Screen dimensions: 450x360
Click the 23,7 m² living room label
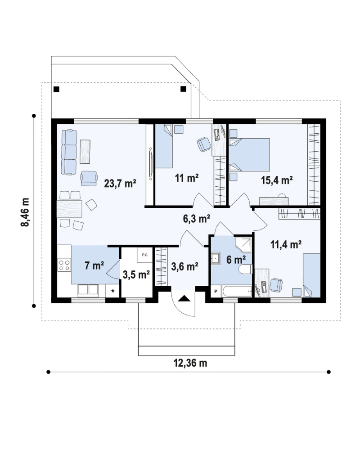tap(120, 184)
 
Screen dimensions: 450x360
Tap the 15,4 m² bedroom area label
tap(277, 180)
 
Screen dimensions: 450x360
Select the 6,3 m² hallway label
tap(197, 219)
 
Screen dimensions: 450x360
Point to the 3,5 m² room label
tap(136, 274)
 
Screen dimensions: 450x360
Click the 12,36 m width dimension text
tap(190, 363)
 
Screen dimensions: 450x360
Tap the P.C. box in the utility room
tap(145, 255)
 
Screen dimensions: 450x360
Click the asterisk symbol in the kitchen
tap(112, 292)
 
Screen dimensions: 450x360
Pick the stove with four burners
tap(64, 265)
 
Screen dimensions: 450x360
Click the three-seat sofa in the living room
tap(69, 152)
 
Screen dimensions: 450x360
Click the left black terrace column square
tap(56, 89)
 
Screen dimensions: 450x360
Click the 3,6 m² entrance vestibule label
tap(185, 267)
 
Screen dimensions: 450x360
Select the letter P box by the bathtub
tap(216, 292)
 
